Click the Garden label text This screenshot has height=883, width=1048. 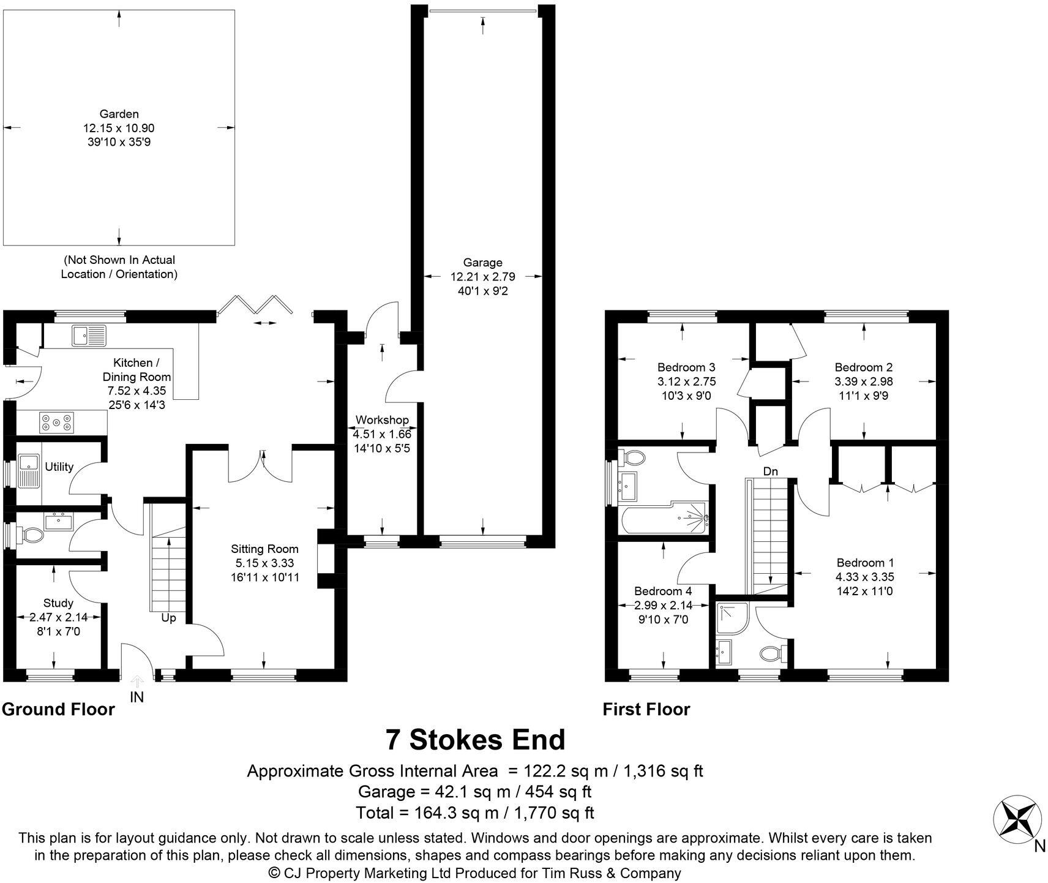click(119, 114)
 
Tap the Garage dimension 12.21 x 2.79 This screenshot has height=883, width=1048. click(483, 277)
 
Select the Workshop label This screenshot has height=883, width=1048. click(382, 420)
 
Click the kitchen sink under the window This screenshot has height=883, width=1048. click(89, 336)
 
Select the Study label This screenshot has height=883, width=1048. click(58, 603)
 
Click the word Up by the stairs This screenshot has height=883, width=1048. click(168, 618)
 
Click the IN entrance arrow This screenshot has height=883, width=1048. click(137, 681)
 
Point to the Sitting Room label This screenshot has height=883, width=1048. click(264, 549)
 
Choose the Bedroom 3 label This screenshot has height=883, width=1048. click(686, 367)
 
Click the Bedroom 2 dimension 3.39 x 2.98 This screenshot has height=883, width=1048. click(864, 381)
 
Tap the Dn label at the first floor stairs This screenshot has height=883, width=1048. click(771, 472)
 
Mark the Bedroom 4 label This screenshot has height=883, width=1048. click(663, 591)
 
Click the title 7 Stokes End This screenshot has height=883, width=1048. click(475, 740)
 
